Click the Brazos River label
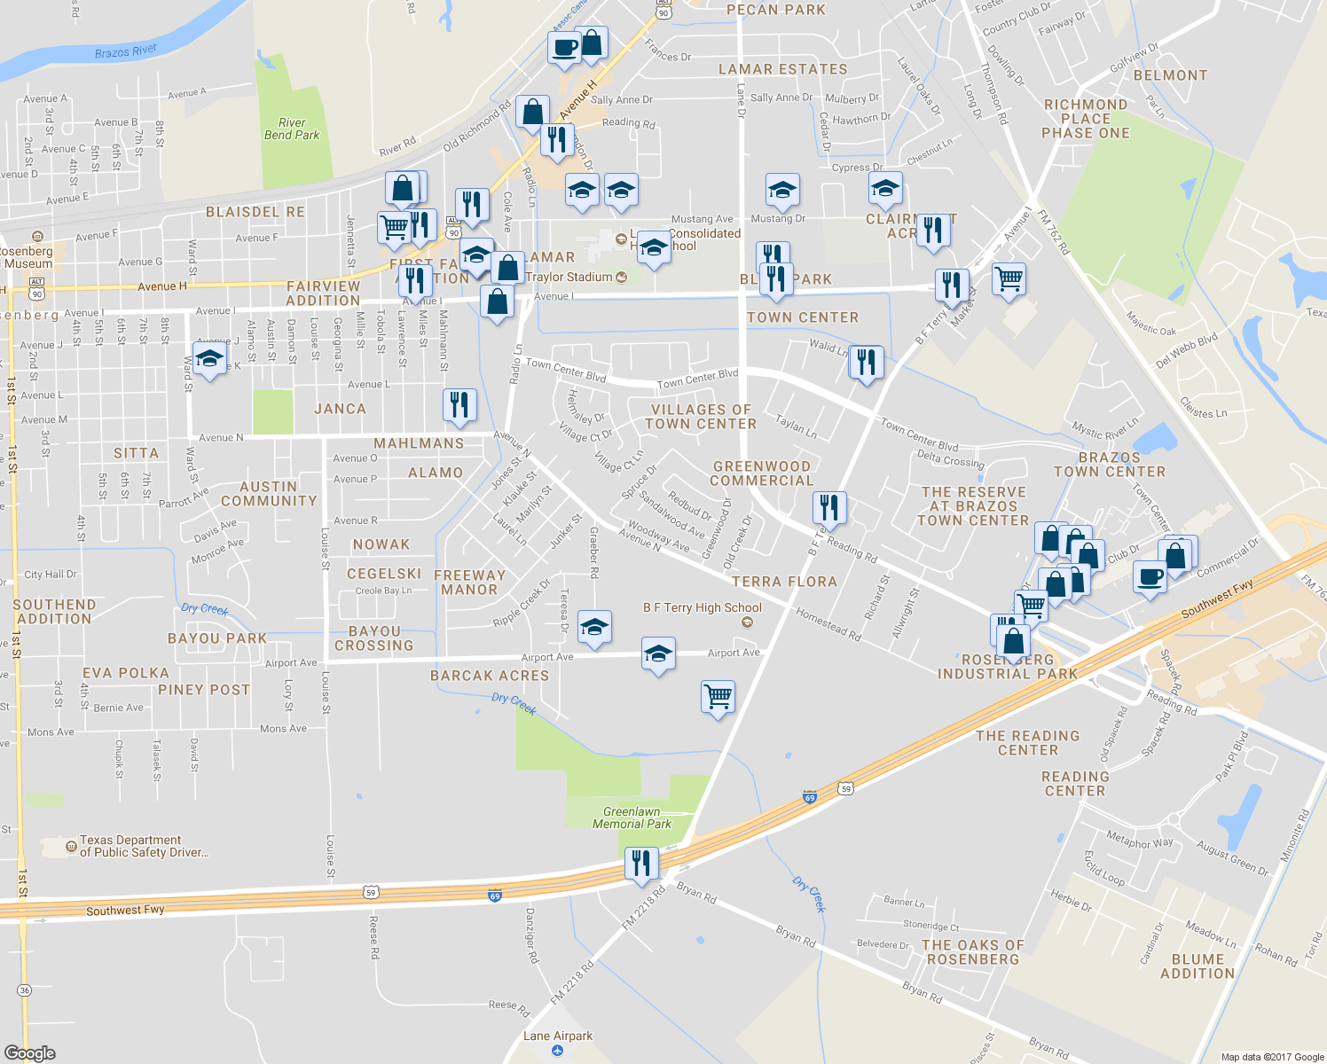[x=125, y=52]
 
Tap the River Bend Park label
[x=292, y=129]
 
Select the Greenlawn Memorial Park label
[x=632, y=818]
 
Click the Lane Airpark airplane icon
[x=557, y=1051]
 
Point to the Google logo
[x=29, y=1053]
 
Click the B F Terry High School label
[x=702, y=608]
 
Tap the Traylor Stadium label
[x=569, y=278]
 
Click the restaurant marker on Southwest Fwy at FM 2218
[x=641, y=862]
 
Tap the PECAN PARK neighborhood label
[x=775, y=10]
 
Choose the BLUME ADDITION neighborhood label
[x=1197, y=966]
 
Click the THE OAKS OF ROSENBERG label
[x=972, y=952]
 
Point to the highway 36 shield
[x=24, y=990]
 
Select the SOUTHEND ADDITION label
[x=54, y=612]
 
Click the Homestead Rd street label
[x=828, y=625]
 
